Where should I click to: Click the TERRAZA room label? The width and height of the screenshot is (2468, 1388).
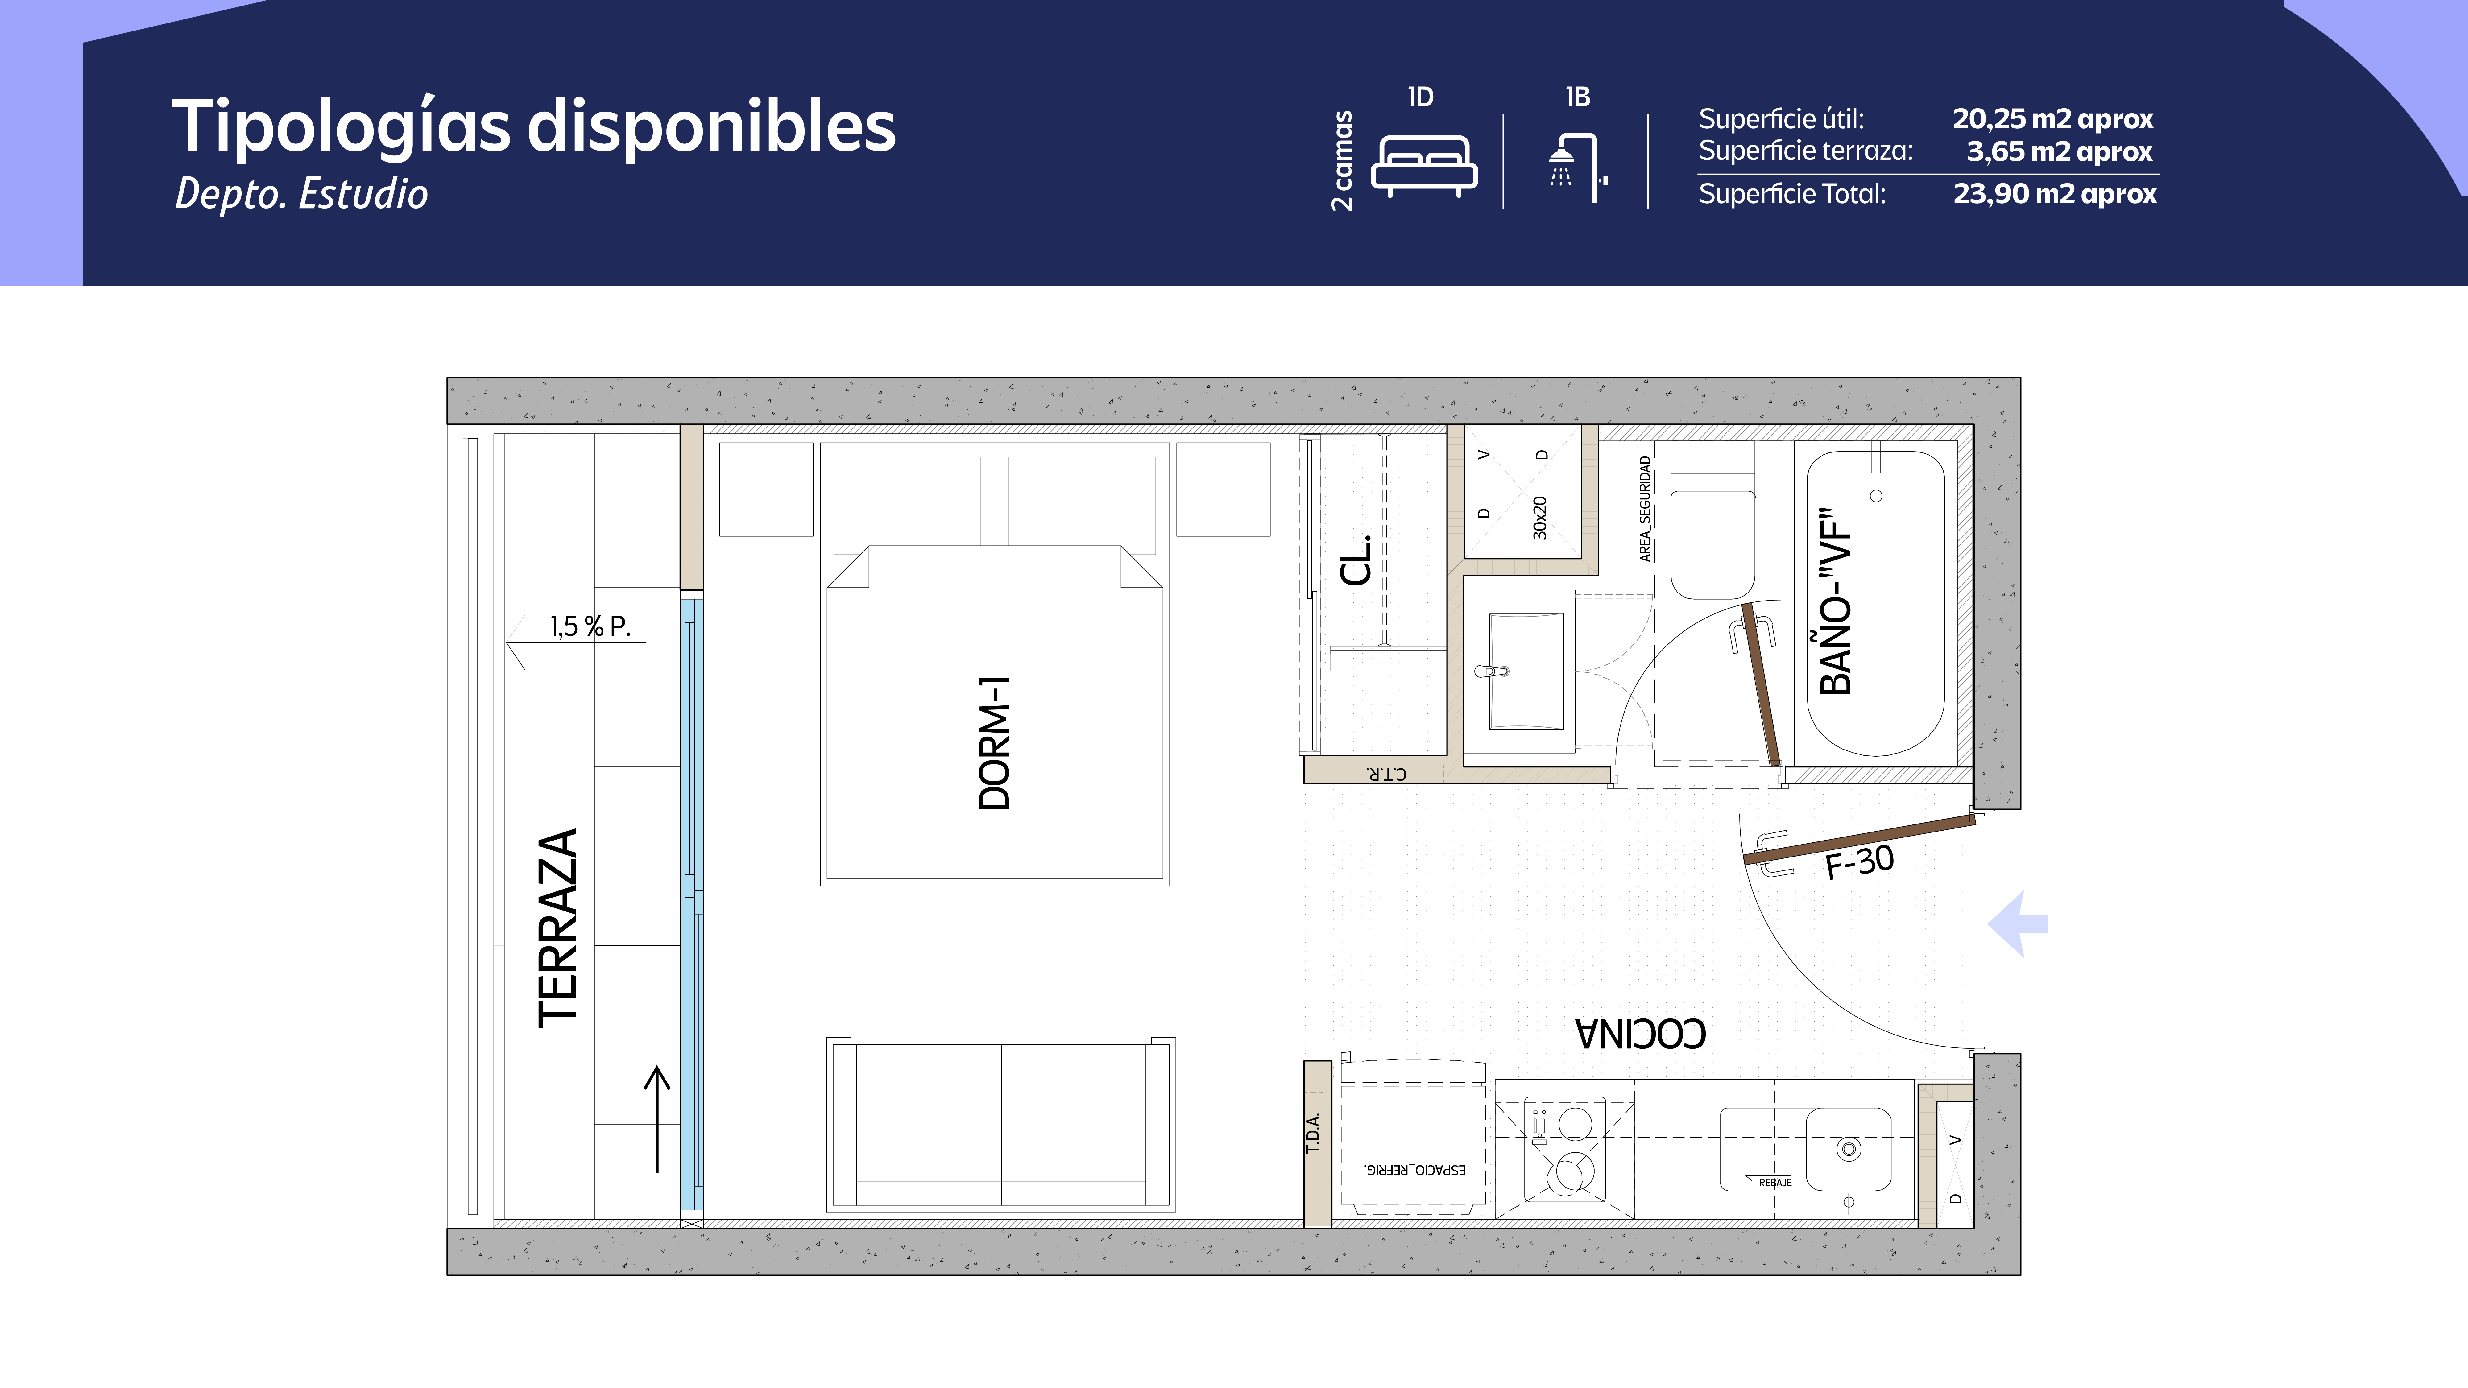(557, 927)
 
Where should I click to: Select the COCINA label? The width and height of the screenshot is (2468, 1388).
(1640, 1034)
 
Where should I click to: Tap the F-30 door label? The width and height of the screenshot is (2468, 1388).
(1860, 862)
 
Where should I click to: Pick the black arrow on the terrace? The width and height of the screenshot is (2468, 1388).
(656, 1119)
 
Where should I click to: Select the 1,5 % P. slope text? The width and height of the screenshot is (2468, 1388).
(590, 626)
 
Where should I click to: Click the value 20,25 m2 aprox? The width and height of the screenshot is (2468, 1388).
(2052, 120)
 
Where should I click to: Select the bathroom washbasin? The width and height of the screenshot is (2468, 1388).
(1525, 671)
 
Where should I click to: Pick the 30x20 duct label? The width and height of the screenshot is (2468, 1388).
(1540, 517)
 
